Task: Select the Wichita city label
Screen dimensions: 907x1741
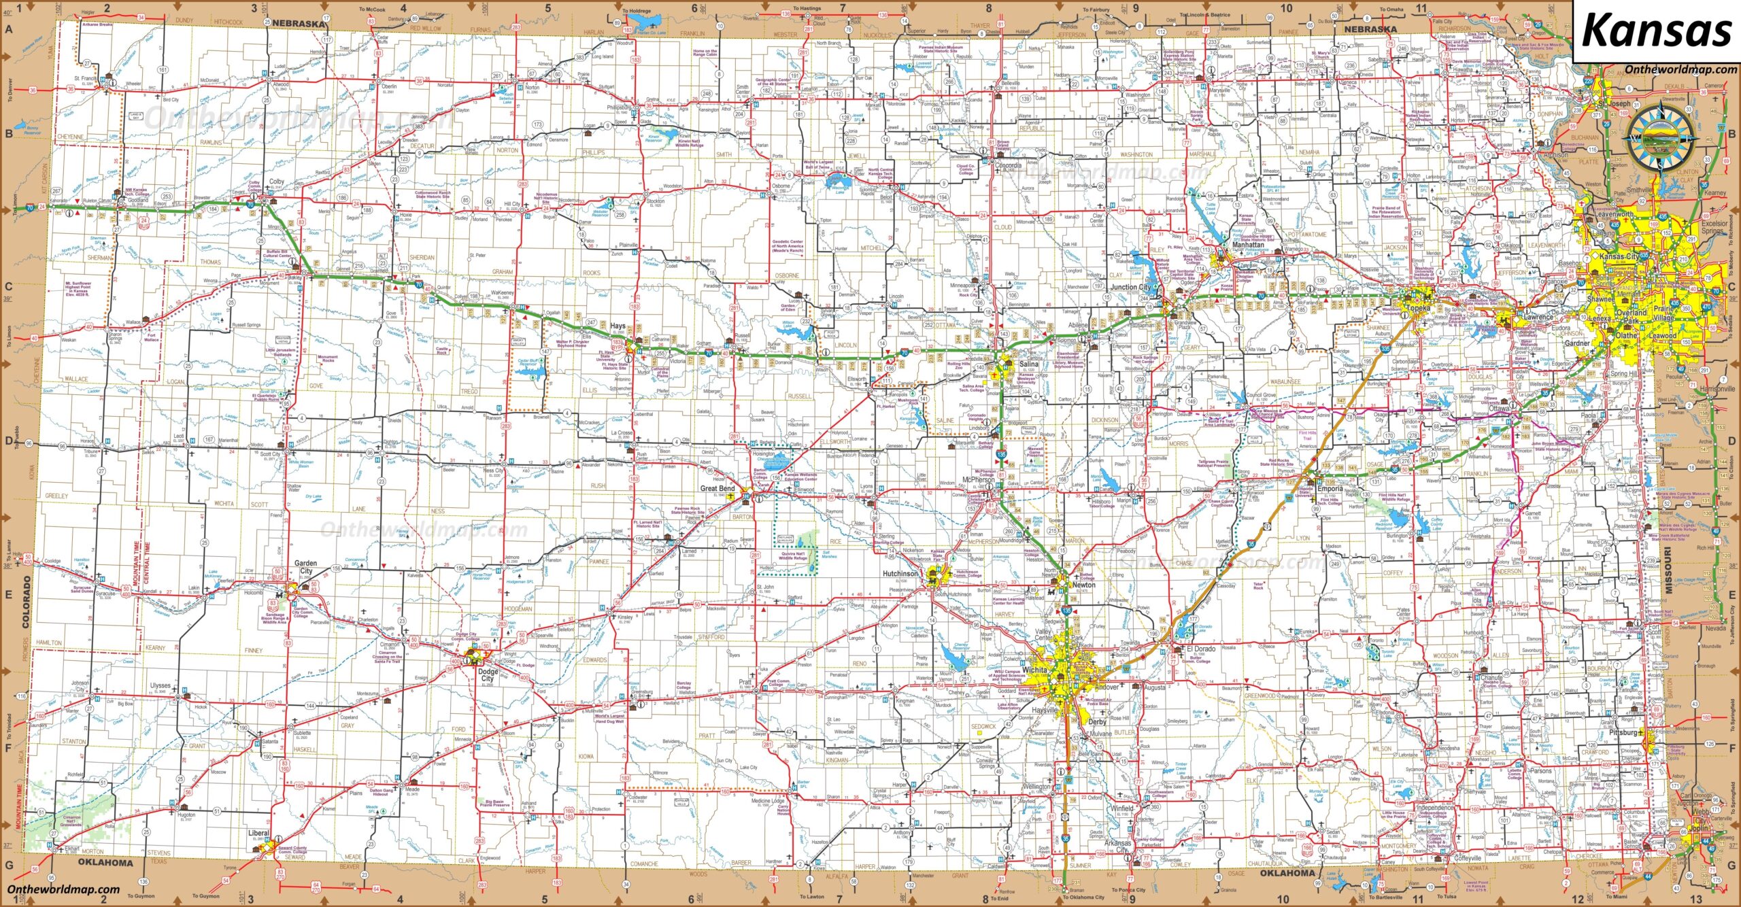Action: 1034,670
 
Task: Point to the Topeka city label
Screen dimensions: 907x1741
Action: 1418,308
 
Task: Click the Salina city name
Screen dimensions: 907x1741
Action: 1028,364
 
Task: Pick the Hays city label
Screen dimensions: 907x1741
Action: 617,326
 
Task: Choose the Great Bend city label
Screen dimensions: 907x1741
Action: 717,488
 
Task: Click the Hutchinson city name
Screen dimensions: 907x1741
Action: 900,574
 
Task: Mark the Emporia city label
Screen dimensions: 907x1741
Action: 1330,488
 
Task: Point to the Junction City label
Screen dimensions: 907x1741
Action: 1130,287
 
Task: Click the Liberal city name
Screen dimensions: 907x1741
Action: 258,833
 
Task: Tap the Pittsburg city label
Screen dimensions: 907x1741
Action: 1623,733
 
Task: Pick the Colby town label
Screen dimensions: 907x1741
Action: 277,182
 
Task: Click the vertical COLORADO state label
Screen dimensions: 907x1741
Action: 28,602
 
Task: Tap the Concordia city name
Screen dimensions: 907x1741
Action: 1008,166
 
